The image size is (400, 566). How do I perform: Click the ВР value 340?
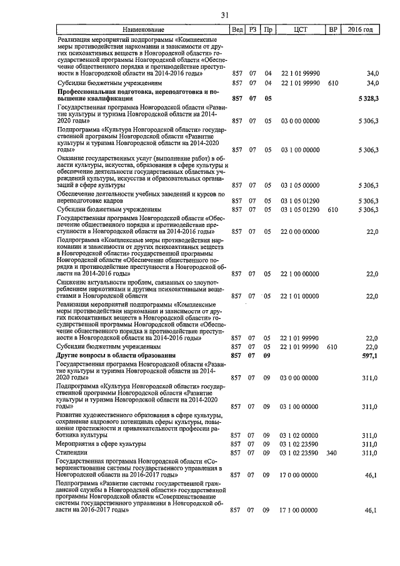coord(332,452)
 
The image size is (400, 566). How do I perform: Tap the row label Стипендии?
coord(70,452)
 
